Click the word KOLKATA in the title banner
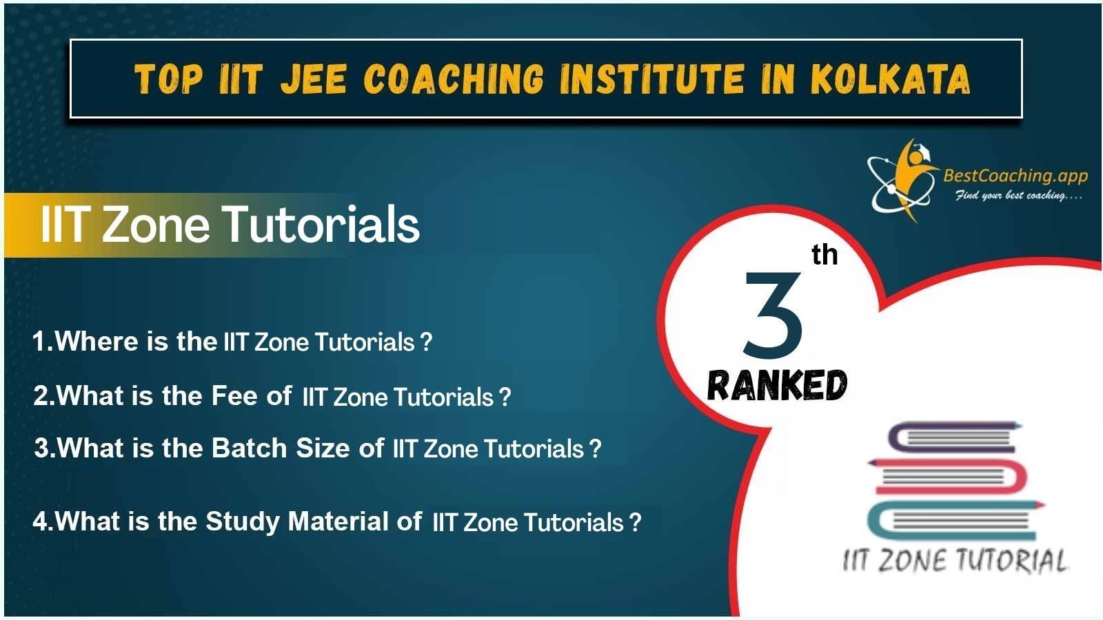point(890,79)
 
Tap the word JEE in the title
point(313,79)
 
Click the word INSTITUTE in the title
point(652,79)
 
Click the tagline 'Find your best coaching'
point(1018,196)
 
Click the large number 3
point(773,316)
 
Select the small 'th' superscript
point(824,255)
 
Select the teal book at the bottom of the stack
point(955,521)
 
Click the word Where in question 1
point(97,340)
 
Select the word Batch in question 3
point(249,448)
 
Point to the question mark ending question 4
point(635,521)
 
